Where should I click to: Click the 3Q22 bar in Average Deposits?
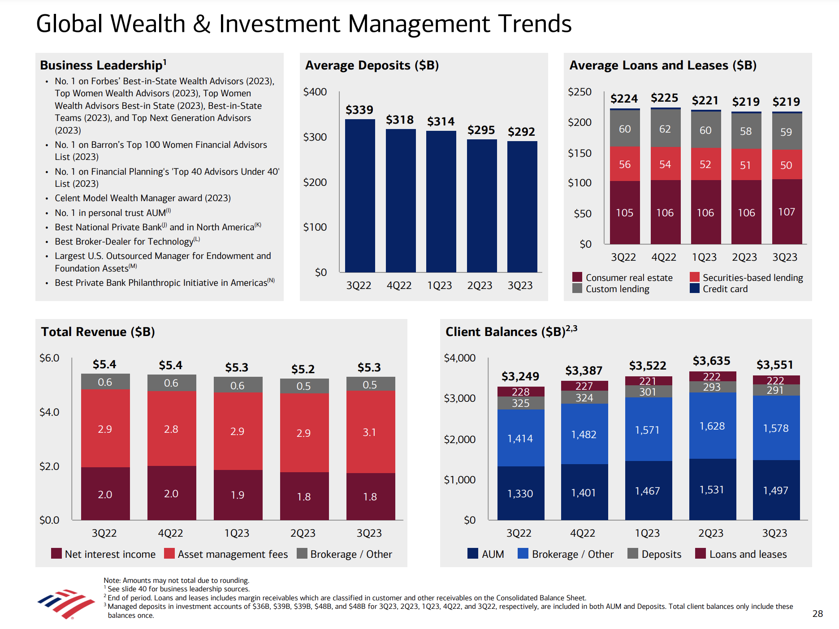click(x=360, y=195)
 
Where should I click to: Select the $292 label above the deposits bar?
click(x=521, y=132)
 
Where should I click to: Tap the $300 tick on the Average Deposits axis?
click(x=315, y=137)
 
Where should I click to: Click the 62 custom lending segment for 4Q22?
click(x=665, y=129)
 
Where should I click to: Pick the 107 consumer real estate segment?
click(x=787, y=211)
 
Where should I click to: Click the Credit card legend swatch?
click(x=695, y=289)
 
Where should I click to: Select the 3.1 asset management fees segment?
click(x=369, y=432)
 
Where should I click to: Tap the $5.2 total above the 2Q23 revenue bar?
click(x=303, y=369)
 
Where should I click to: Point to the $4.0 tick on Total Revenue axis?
click(x=49, y=412)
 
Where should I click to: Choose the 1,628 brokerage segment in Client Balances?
click(x=712, y=426)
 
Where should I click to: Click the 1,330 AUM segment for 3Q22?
click(x=520, y=493)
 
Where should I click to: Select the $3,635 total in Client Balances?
click(x=711, y=361)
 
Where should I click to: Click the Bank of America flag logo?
click(x=66, y=604)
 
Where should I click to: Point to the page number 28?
click(x=817, y=614)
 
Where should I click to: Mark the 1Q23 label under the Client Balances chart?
click(x=647, y=533)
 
